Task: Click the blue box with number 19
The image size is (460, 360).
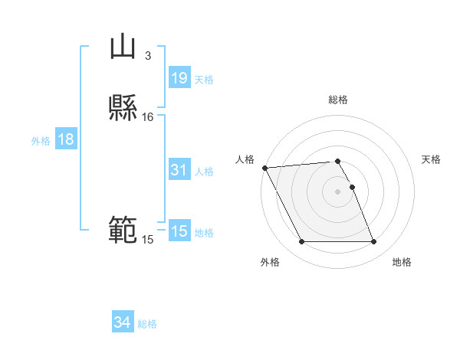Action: tap(179, 78)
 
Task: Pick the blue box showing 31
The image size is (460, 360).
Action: tap(179, 171)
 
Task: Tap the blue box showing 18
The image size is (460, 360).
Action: tap(65, 140)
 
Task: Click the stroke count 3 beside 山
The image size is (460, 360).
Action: tap(148, 56)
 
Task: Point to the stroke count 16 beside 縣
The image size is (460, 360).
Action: tap(148, 117)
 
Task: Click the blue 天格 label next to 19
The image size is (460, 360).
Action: tap(204, 80)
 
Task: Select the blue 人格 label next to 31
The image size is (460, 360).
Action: tap(204, 172)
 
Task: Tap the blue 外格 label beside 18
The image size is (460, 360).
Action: tap(41, 141)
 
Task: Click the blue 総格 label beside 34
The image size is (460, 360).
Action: tap(147, 324)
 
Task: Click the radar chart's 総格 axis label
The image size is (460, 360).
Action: tap(338, 100)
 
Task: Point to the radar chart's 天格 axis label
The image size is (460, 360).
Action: tap(431, 159)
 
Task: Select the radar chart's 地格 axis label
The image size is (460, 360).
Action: tap(402, 262)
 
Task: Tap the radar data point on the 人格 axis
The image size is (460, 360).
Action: tap(264, 168)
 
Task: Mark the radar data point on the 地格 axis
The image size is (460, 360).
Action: tap(373, 242)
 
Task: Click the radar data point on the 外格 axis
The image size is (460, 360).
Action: tap(301, 242)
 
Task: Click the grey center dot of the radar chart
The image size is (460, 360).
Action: tap(337, 191)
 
